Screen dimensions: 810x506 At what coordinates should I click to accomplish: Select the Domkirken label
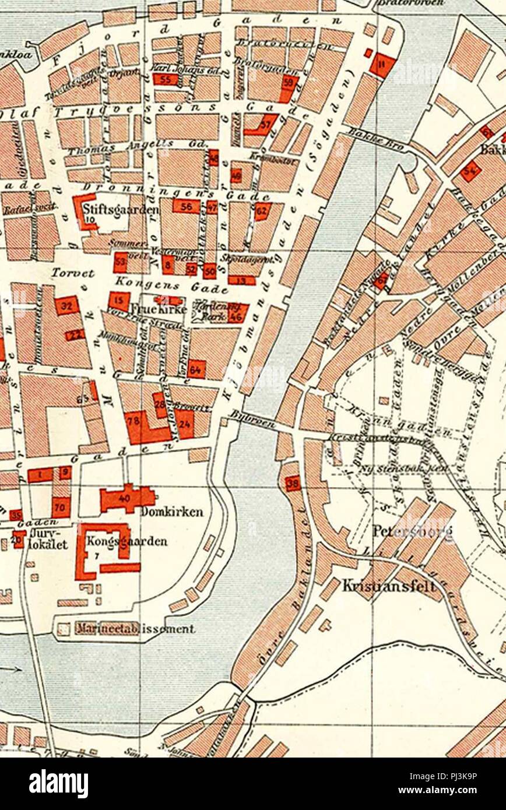[172, 512]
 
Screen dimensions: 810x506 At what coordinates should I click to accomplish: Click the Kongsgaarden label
[126, 541]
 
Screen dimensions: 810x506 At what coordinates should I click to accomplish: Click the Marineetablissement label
[135, 629]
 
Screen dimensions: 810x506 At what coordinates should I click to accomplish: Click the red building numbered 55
[166, 79]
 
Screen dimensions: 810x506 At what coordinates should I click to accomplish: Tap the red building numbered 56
[186, 206]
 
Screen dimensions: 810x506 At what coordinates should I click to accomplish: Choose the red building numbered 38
[293, 483]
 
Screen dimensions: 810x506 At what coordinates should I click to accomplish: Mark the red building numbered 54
[470, 171]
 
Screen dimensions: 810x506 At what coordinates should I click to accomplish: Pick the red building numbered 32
[66, 305]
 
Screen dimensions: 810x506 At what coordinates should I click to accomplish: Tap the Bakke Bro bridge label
[376, 140]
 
